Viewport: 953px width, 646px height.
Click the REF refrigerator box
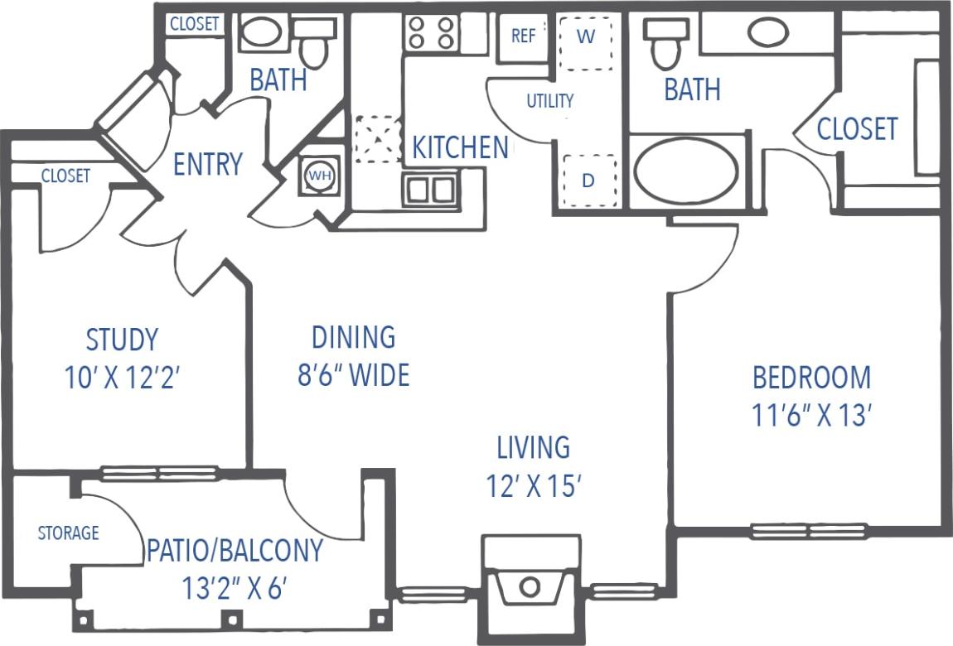click(523, 37)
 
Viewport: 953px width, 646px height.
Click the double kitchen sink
click(430, 190)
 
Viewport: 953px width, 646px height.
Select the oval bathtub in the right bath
click(685, 171)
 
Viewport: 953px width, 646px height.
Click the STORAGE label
click(69, 533)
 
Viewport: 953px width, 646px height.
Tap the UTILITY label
click(550, 101)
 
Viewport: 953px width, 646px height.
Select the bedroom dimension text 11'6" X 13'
click(811, 415)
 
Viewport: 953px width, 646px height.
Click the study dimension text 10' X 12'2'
click(122, 378)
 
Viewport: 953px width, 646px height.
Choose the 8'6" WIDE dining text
click(354, 375)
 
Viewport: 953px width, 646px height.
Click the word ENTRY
click(207, 164)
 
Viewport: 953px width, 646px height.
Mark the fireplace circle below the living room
click(530, 588)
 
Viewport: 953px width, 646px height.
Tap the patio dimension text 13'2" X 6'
click(235, 589)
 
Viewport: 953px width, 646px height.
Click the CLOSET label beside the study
click(65, 176)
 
